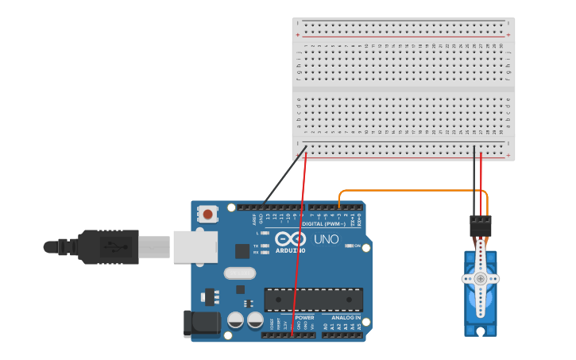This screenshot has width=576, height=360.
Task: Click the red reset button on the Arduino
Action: (208, 214)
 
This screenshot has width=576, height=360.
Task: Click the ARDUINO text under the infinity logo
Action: (290, 250)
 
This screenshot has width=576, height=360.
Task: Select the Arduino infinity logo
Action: (290, 239)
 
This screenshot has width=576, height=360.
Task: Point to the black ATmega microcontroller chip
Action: (313, 300)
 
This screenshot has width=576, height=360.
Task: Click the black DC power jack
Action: (201, 322)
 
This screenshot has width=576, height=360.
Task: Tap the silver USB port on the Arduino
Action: (195, 246)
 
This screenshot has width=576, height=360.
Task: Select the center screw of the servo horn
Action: (480, 278)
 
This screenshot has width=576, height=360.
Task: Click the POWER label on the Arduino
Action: (305, 317)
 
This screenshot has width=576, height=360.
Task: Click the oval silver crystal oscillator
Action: (239, 273)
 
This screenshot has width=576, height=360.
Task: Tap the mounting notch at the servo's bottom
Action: (480, 331)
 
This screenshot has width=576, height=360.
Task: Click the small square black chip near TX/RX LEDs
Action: (242, 251)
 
